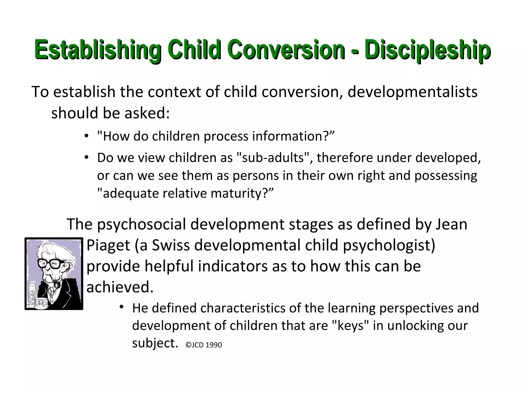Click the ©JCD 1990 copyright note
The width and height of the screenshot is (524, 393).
204,345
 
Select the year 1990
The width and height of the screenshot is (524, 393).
214,345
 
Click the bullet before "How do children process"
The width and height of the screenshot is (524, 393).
86,136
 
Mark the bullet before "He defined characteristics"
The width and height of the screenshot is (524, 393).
122,307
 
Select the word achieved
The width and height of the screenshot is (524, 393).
120,287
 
